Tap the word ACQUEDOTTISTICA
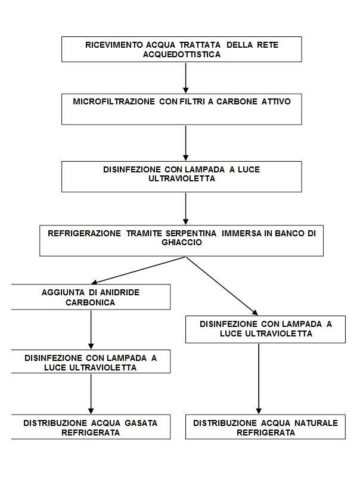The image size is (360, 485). (182, 54)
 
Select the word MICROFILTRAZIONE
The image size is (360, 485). (114, 101)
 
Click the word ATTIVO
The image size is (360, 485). (276, 101)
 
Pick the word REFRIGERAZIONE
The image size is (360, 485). (85, 233)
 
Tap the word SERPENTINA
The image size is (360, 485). (191, 233)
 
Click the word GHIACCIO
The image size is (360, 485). (182, 242)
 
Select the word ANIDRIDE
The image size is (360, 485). (119, 292)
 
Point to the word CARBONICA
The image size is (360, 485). (90, 302)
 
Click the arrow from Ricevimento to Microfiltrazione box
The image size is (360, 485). (186, 78)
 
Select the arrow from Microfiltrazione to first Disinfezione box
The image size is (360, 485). (186, 143)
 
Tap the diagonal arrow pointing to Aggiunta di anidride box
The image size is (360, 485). (138, 270)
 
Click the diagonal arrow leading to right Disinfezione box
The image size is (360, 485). (222, 286)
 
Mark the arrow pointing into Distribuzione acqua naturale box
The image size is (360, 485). (259, 379)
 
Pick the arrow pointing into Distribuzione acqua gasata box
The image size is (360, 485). (91, 394)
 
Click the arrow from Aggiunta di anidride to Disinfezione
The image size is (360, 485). (91, 330)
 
